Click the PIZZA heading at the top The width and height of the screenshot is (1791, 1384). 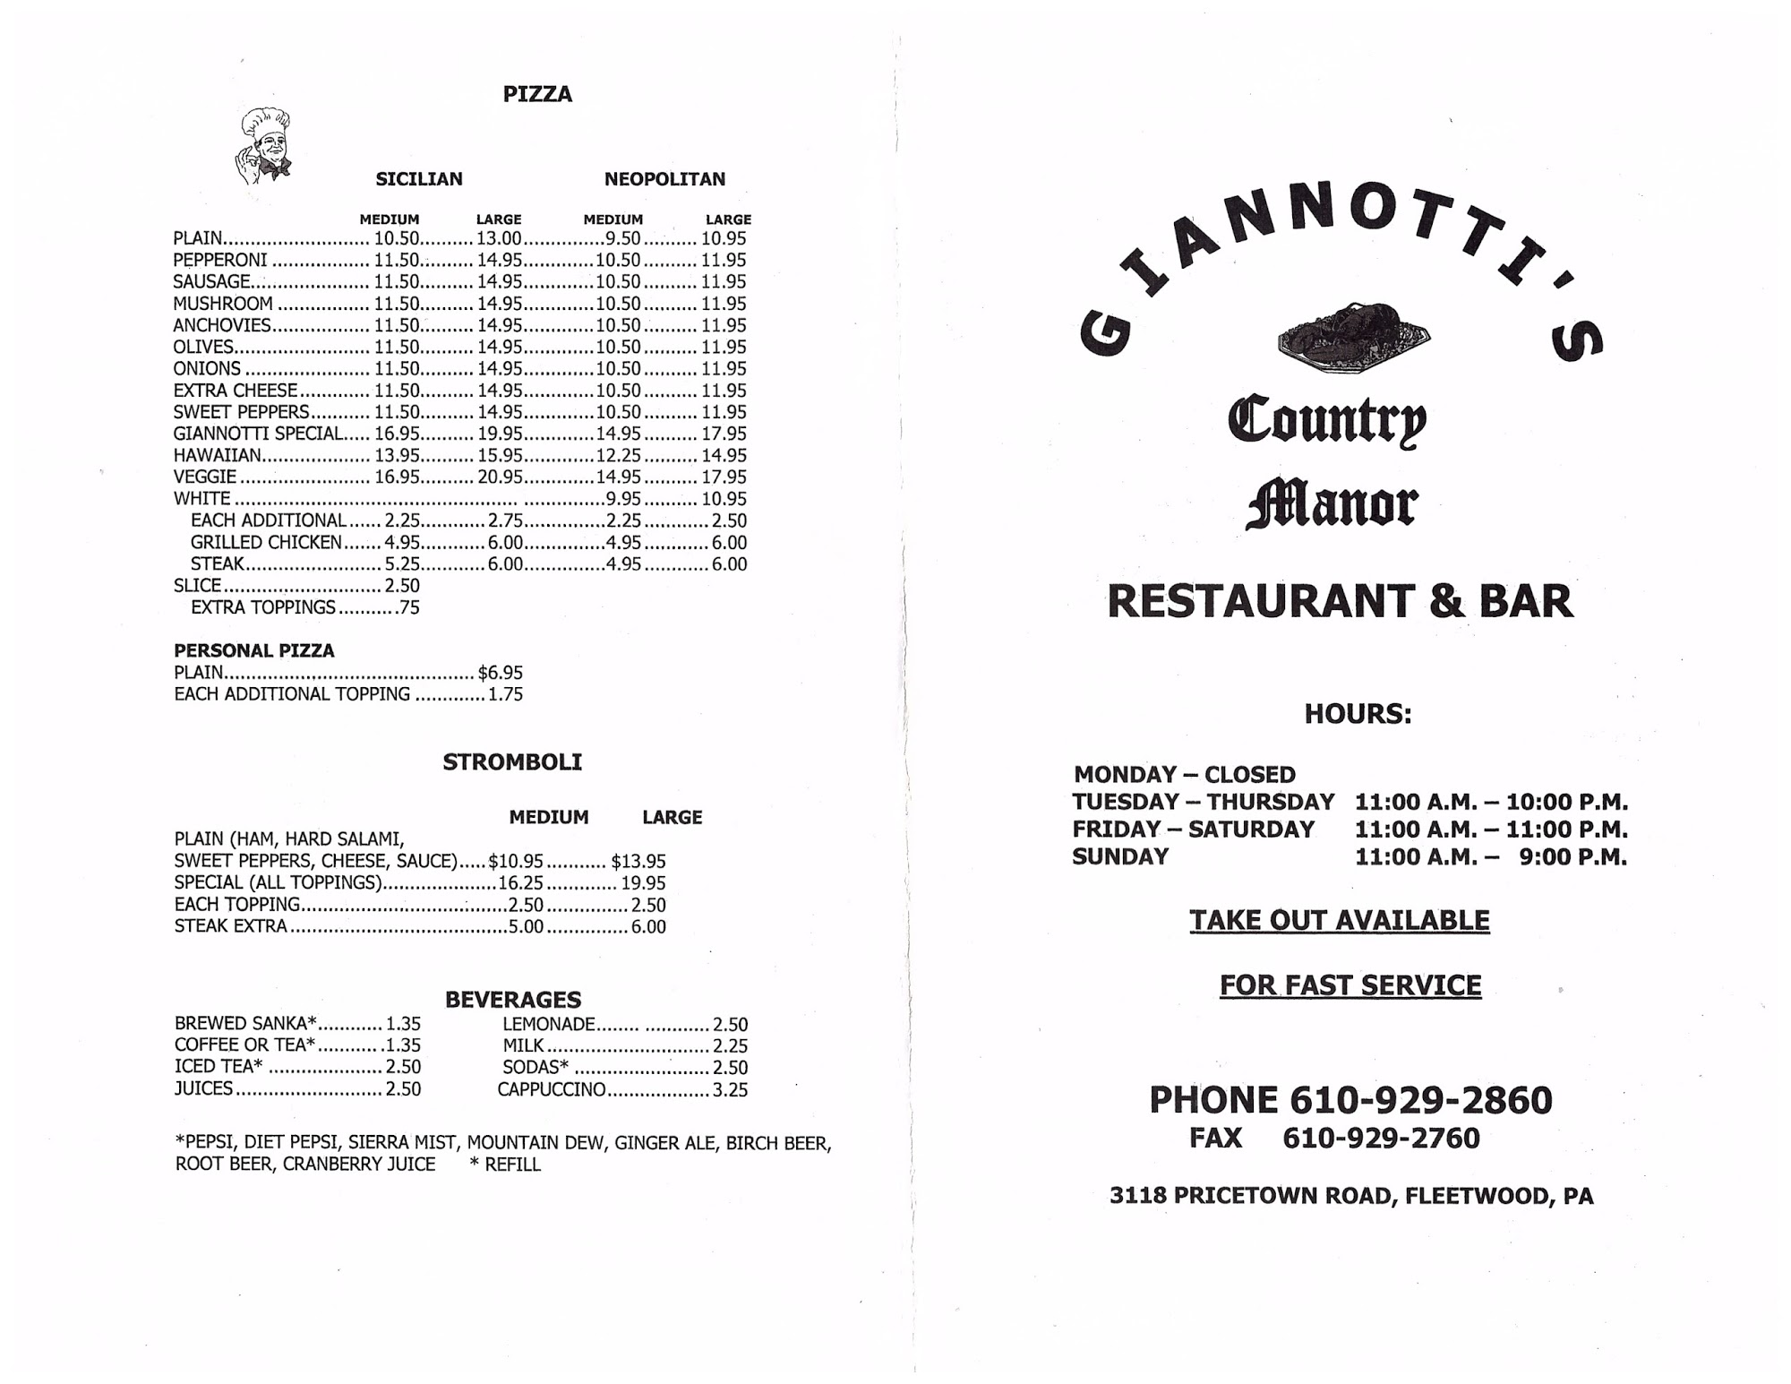pos(537,94)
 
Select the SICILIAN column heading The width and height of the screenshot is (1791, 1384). pos(419,179)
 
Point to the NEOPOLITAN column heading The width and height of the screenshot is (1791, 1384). pos(664,179)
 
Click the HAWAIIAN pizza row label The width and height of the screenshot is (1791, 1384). pos(217,456)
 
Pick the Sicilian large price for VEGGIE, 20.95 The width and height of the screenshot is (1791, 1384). pos(500,477)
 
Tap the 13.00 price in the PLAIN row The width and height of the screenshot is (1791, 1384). pos(499,239)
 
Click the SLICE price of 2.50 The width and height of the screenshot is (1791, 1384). pos(402,586)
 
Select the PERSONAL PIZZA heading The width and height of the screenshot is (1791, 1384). pos(254,651)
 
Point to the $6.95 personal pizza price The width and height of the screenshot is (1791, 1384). pos(501,673)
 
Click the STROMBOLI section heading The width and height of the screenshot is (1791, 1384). pos(512,762)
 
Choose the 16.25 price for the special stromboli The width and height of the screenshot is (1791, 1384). pos(520,883)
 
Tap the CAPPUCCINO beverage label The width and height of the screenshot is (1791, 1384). pos(552,1090)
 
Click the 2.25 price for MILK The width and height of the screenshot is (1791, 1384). pos(730,1046)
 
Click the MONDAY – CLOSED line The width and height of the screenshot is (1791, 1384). pos(1184,775)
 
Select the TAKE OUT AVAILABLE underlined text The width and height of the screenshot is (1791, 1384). pos(1340,921)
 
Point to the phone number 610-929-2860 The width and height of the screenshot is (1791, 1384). pos(1420,1101)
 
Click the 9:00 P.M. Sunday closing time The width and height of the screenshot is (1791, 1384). pos(1572,857)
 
